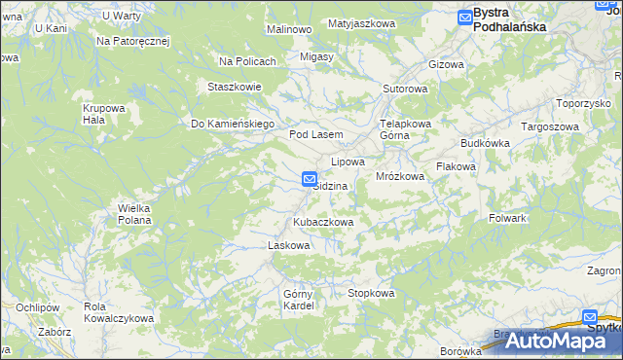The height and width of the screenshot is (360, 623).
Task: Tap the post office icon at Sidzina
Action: coord(309,179)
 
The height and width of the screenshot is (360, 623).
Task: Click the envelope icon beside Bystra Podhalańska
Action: coord(464,15)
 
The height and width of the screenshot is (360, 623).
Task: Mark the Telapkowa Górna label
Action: coord(405,129)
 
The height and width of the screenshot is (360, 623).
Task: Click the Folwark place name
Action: coord(507,218)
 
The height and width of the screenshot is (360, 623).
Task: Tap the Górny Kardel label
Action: coord(298,300)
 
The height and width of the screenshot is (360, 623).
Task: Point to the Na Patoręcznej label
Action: coord(133,42)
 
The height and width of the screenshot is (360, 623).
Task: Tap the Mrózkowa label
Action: coord(400,176)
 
